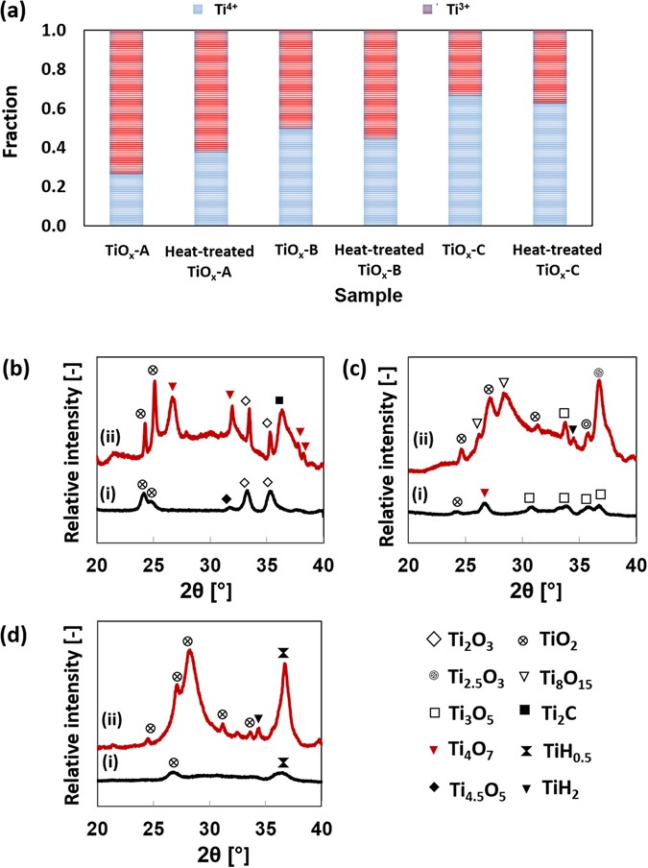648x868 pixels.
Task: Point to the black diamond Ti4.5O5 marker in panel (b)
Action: [226, 498]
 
